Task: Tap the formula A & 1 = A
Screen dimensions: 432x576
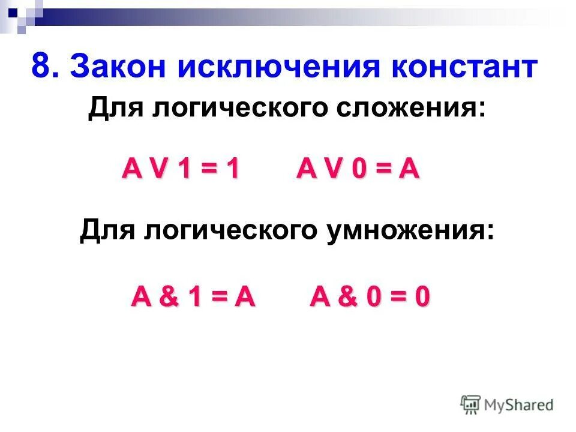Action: pyautogui.click(x=193, y=297)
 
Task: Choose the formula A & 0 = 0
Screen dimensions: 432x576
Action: pyautogui.click(x=370, y=297)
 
